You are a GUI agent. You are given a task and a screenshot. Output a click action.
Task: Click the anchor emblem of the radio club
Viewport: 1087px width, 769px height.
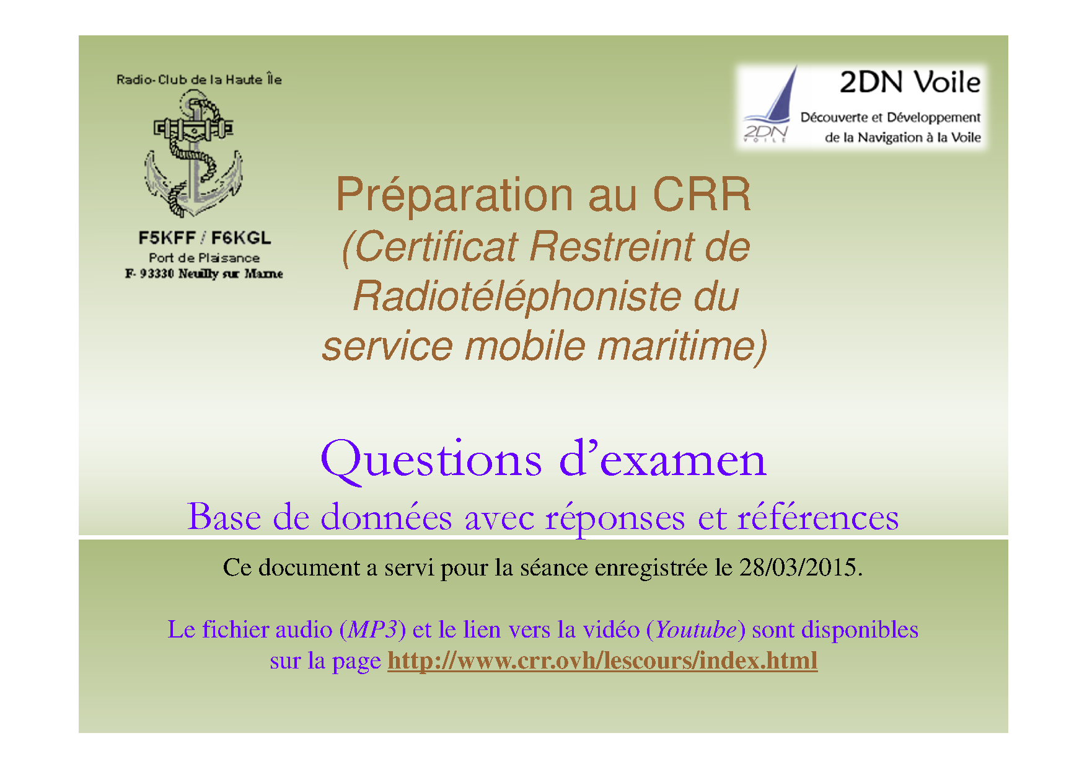point(194,154)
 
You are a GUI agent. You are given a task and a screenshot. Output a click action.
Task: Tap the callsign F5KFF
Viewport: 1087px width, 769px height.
point(167,238)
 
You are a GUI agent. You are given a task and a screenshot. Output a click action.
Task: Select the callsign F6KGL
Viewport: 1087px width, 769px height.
point(240,238)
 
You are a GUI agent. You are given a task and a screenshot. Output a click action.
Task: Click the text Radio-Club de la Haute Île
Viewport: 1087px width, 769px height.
point(199,79)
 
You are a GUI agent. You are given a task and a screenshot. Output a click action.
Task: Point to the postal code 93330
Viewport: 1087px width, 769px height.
point(156,273)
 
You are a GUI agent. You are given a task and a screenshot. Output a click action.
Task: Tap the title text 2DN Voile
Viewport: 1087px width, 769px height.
point(909,82)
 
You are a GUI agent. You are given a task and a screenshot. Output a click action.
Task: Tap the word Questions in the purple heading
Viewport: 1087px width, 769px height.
point(431,460)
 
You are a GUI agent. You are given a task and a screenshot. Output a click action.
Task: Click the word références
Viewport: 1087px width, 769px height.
point(817,517)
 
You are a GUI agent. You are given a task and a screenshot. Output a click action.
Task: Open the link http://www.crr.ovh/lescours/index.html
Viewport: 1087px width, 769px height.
point(602,660)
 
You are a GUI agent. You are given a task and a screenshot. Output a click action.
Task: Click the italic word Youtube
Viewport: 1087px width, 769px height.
point(695,630)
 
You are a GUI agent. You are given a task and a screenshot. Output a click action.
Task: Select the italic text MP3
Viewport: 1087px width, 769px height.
point(372,630)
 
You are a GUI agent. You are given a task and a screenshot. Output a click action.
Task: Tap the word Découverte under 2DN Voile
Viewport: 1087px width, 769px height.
point(834,117)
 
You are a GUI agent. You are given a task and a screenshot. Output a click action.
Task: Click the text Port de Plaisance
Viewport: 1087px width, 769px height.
point(204,257)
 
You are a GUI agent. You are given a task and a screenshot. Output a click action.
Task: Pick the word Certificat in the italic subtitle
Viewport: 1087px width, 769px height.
point(436,247)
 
